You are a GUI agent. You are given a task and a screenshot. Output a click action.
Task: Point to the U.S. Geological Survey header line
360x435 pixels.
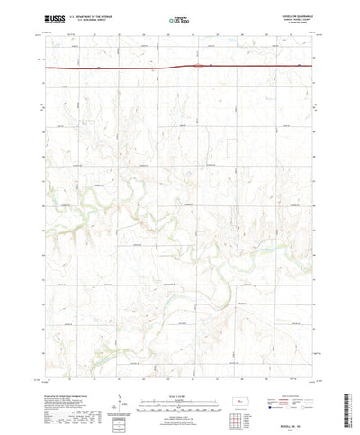(88, 20)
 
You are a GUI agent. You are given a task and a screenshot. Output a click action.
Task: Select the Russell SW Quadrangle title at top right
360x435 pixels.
(297, 14)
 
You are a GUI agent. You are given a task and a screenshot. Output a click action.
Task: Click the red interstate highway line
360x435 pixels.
(108, 67)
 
